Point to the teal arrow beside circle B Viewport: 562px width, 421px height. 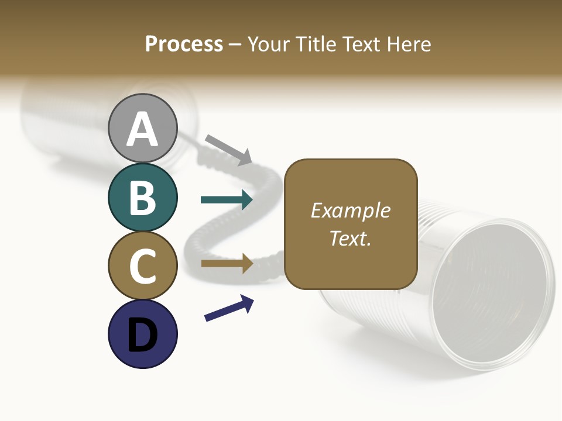[227, 200]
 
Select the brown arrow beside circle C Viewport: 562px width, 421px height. [227, 264]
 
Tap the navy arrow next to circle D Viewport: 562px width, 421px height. [229, 308]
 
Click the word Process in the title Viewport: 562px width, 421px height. [184, 44]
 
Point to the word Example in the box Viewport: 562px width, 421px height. [350, 210]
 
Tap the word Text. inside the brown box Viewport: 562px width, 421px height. [350, 238]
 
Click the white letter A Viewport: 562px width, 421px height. [142, 130]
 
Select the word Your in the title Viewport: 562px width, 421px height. [268, 44]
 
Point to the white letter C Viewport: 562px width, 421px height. [142, 267]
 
